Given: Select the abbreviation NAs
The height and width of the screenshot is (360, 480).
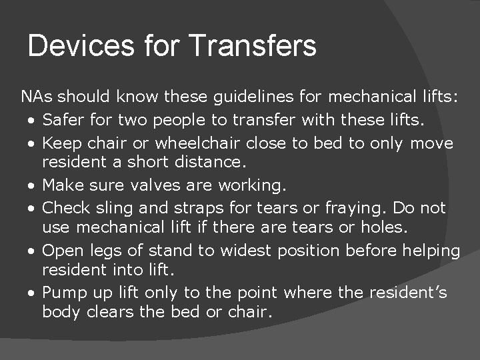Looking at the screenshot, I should pyautogui.click(x=36, y=97).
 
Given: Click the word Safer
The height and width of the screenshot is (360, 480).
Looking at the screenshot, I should pyautogui.click(x=63, y=121).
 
